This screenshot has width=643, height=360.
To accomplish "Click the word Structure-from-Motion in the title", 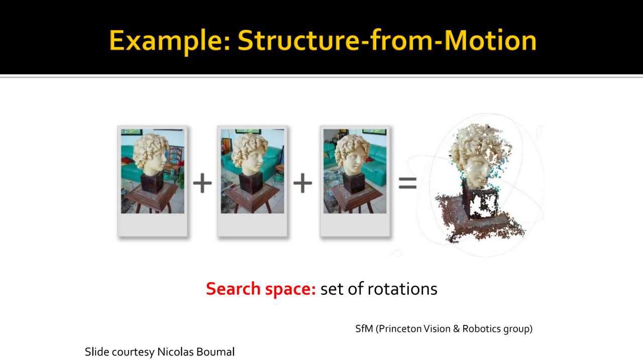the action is click(x=387, y=41).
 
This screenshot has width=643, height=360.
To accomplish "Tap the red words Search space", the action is click(x=261, y=289).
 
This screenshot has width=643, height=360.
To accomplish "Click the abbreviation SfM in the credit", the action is click(x=364, y=329).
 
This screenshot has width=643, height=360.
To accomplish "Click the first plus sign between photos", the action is click(x=202, y=183).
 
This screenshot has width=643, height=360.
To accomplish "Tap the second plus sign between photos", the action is click(x=302, y=183).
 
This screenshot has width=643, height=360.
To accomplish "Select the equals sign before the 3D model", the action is click(x=407, y=183).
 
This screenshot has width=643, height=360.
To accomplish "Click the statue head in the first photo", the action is click(x=150, y=154).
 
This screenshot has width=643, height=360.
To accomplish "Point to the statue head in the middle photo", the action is click(x=249, y=154).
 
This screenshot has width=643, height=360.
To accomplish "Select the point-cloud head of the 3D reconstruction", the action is click(x=479, y=155).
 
